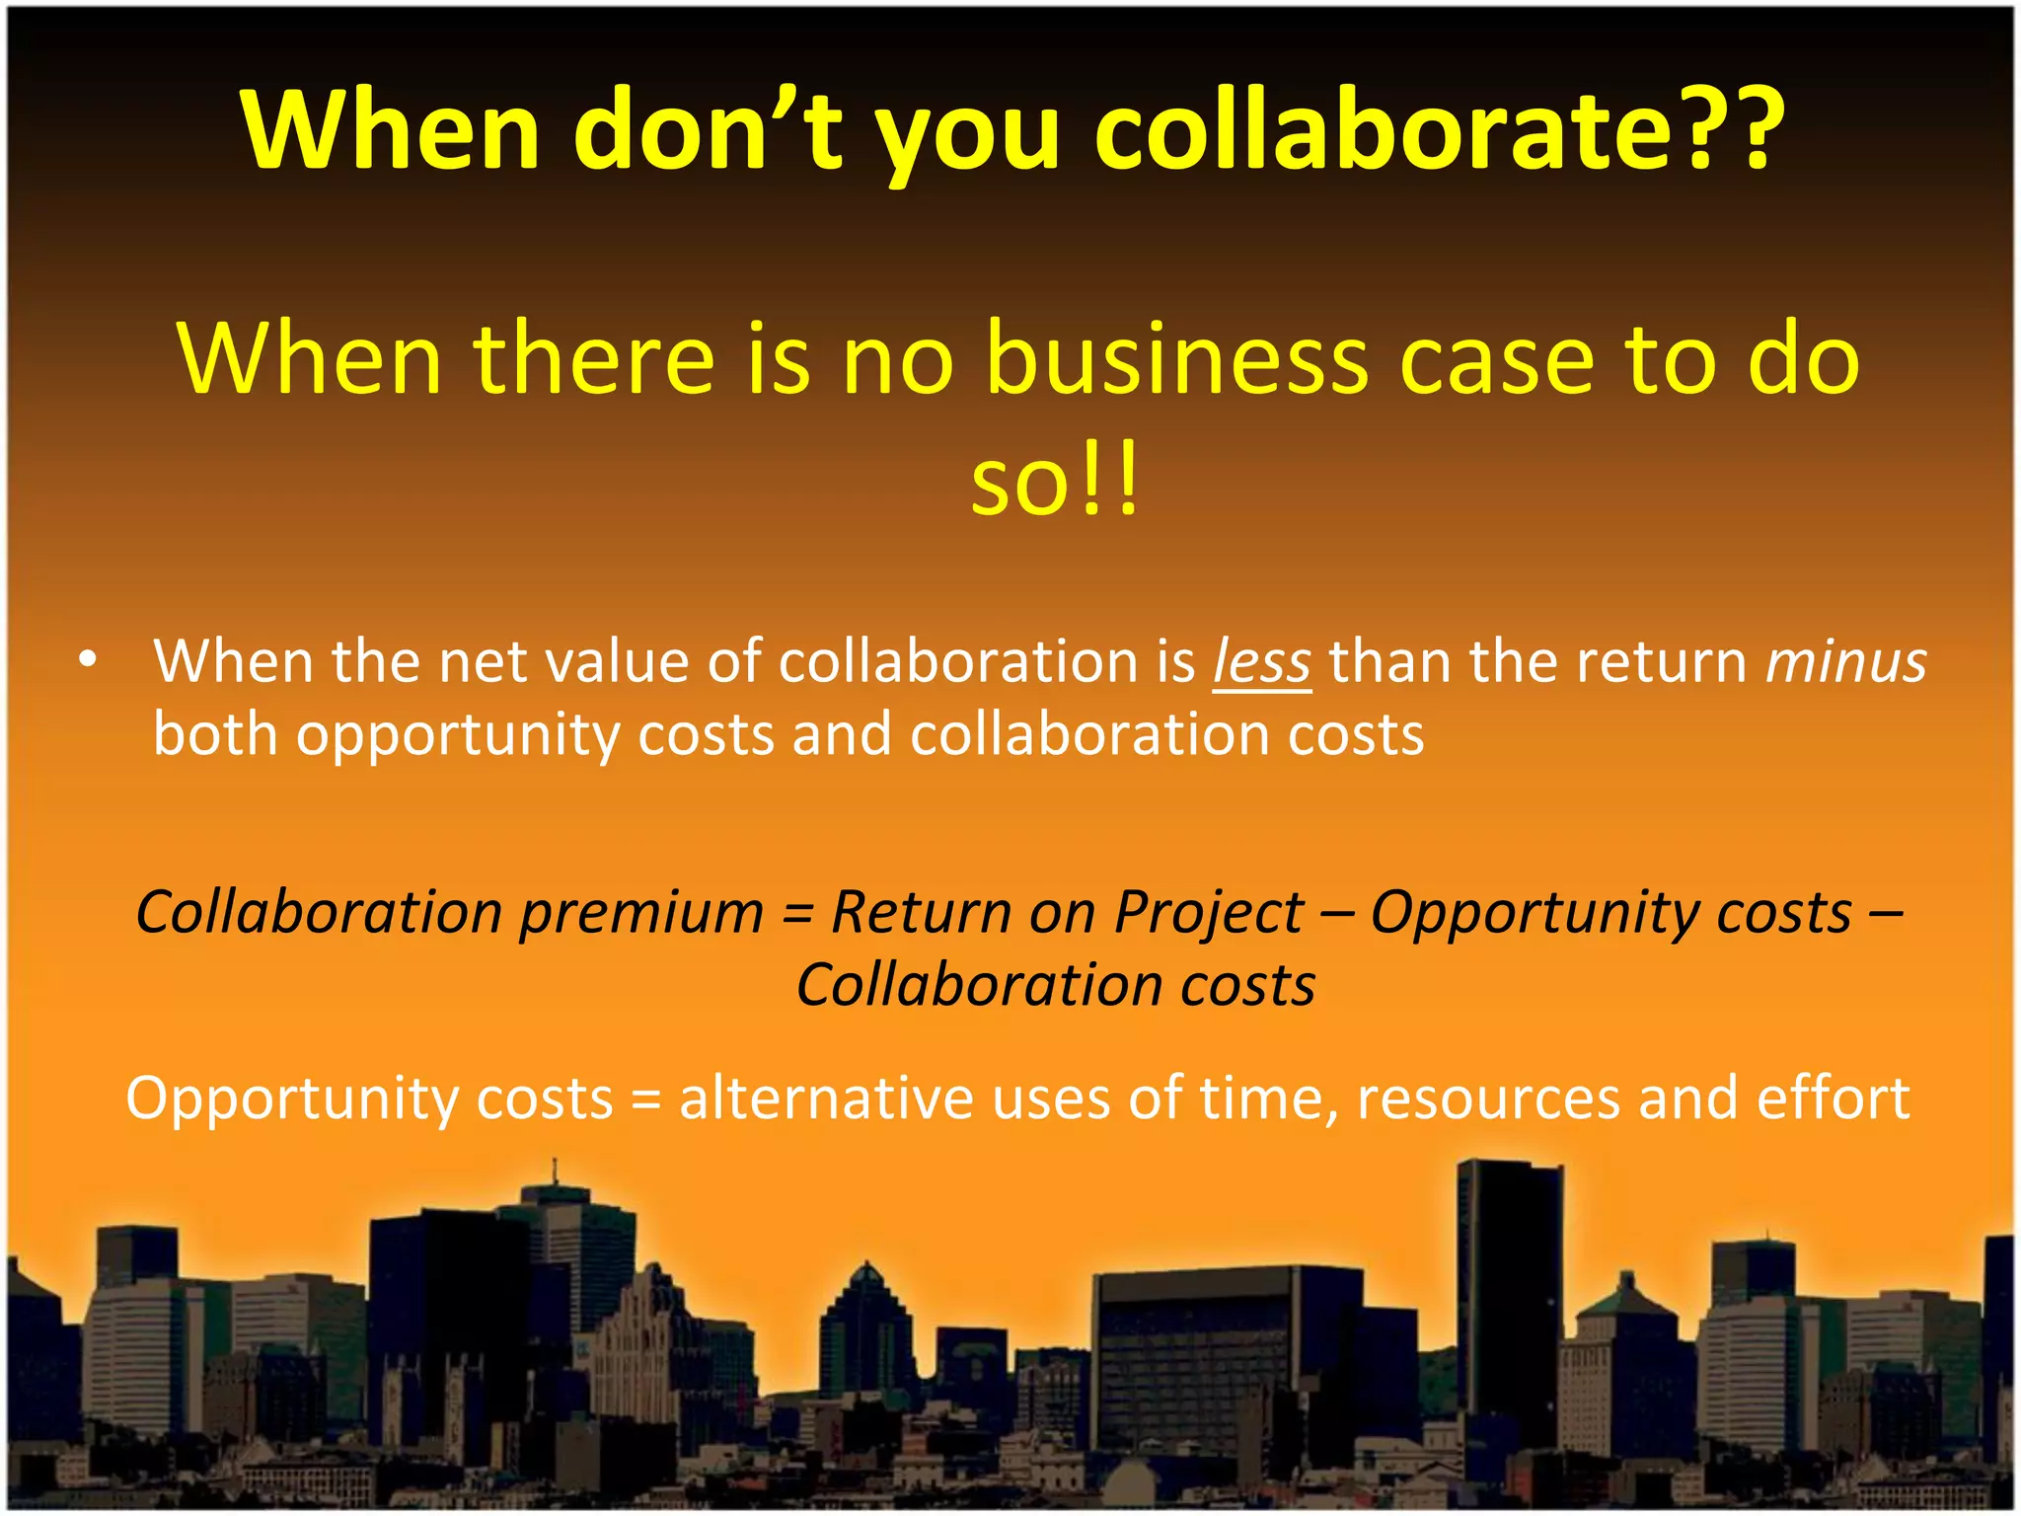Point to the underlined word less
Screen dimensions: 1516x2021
click(1262, 662)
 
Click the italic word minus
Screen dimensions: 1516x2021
click(1845, 662)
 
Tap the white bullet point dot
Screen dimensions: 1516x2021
click(89, 659)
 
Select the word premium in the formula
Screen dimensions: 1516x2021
click(641, 912)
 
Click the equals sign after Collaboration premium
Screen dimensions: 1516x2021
click(797, 914)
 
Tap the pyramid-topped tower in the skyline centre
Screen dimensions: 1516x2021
click(866, 1323)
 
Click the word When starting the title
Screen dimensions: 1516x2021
click(391, 130)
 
